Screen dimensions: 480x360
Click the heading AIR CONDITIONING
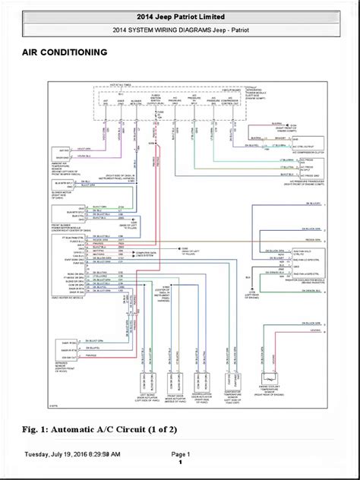(x=58, y=52)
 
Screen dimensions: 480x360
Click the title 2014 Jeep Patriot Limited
(x=179, y=16)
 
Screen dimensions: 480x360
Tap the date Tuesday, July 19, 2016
(x=72, y=453)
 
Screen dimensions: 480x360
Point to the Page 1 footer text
(x=179, y=453)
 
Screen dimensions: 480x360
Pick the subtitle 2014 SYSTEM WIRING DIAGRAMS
(x=179, y=30)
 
